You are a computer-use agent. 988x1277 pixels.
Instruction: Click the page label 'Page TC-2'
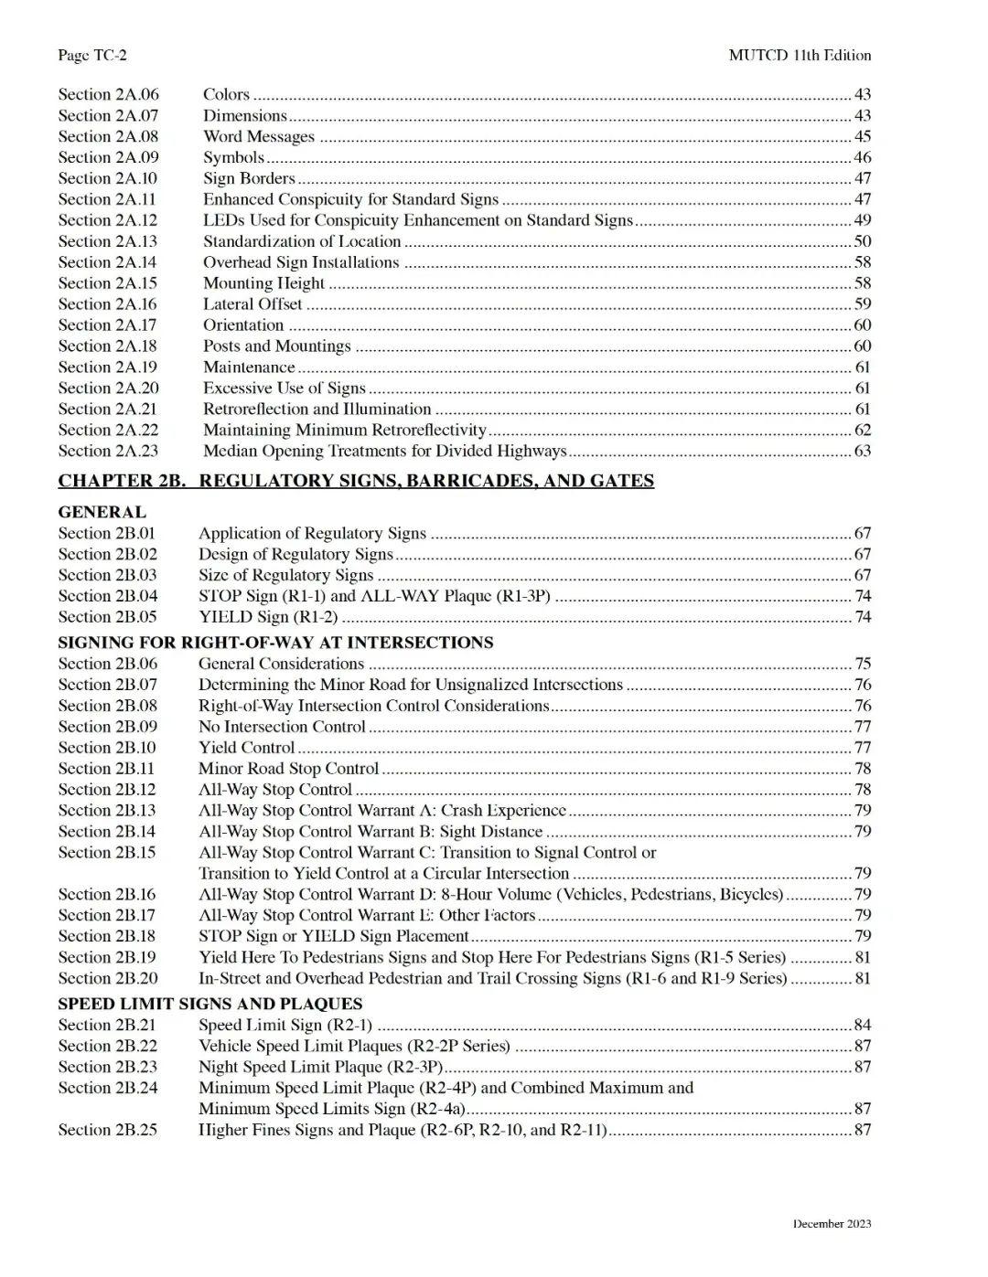(92, 55)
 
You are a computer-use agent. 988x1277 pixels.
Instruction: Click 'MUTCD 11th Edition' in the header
(800, 55)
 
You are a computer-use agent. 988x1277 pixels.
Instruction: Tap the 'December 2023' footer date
(832, 1224)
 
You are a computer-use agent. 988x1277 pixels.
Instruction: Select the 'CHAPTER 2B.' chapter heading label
(122, 481)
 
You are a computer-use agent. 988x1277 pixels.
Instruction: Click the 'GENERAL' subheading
(102, 512)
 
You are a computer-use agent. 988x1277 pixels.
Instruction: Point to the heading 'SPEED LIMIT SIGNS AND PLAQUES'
(210, 1004)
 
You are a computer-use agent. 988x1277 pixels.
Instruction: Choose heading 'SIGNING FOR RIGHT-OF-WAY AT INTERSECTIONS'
(275, 643)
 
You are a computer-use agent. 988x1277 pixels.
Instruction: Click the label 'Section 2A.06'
(108, 94)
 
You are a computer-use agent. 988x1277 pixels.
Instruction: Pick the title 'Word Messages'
(259, 136)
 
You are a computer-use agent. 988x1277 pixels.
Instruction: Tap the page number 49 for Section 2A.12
(862, 220)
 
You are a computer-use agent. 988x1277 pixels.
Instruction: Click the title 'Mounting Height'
(263, 283)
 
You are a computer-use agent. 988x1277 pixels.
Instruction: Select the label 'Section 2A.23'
(108, 451)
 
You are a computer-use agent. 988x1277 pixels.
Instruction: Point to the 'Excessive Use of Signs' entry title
(284, 388)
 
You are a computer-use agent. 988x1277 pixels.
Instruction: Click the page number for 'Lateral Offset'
(862, 304)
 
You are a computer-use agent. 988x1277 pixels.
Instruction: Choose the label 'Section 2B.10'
(107, 748)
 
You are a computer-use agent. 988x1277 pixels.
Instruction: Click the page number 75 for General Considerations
(862, 664)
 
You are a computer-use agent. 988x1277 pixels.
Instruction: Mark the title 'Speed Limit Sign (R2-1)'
(285, 1025)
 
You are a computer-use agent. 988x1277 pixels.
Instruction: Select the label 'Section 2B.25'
(107, 1130)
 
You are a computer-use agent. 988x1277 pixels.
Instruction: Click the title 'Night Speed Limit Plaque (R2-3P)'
(320, 1067)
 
